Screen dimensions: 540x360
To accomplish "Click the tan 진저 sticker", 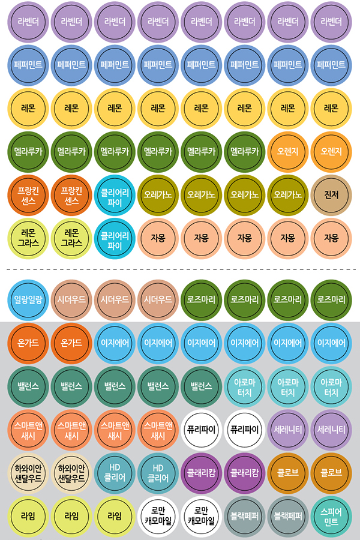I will tap(331, 194).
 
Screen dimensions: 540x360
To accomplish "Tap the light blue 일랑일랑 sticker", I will tap(28, 299).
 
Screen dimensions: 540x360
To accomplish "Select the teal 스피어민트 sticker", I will tap(331, 515).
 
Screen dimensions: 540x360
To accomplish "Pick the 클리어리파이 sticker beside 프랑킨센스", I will tap(114, 194).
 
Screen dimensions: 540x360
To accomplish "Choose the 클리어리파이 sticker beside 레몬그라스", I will tap(114, 238).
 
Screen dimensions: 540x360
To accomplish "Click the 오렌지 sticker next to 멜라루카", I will tap(287, 151).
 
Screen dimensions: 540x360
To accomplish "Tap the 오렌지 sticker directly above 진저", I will tap(331, 151).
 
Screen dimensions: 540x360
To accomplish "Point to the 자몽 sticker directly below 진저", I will tap(331, 238).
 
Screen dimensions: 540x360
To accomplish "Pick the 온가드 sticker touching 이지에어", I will tap(71, 343).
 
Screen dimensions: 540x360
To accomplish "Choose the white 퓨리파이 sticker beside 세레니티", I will tap(244, 429).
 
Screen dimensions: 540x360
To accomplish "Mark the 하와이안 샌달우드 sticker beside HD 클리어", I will tap(71, 472).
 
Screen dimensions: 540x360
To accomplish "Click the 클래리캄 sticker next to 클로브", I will tap(244, 472).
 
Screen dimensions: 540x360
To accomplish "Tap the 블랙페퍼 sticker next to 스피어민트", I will tap(287, 515).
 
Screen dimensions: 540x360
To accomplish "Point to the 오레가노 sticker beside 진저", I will tap(287, 194).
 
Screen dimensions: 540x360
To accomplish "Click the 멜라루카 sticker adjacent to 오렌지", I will tap(244, 151).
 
